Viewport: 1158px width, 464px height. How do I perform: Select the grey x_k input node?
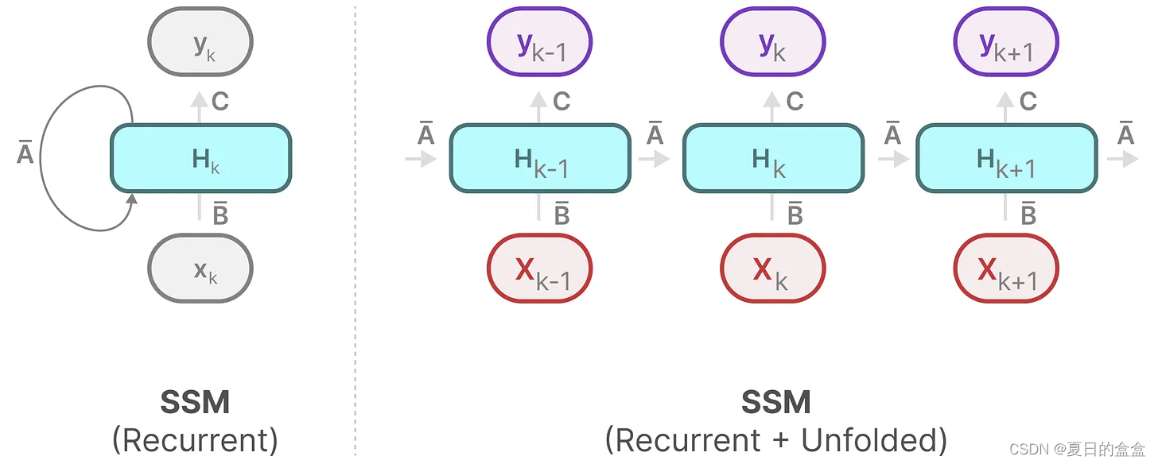(x=200, y=269)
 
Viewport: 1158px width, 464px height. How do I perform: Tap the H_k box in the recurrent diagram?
(x=200, y=158)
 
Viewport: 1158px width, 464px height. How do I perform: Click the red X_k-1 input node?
(x=539, y=269)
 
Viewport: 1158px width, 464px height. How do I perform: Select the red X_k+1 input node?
(x=1005, y=269)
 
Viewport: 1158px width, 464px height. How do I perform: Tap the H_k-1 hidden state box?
(x=540, y=158)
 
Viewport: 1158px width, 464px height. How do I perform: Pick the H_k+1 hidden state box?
(x=1006, y=158)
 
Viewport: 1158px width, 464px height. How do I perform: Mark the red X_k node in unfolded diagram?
(x=772, y=269)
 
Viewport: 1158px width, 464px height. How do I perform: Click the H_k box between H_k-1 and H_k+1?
(x=773, y=158)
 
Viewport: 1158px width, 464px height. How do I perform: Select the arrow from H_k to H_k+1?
(x=892, y=158)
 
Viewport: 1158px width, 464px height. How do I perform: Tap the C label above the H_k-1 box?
(x=562, y=102)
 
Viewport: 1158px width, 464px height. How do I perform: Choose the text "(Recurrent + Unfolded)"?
(x=775, y=439)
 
